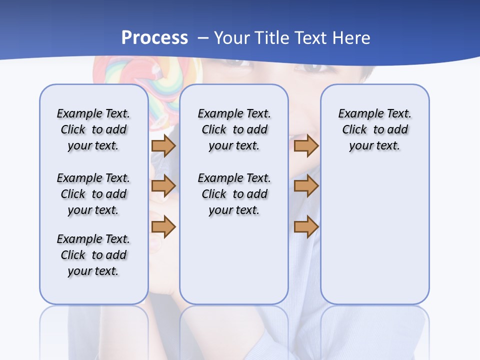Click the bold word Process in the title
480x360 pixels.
click(154, 37)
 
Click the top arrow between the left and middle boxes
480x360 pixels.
click(163, 145)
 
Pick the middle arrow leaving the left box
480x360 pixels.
click(163, 186)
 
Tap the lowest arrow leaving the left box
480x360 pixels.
click(163, 227)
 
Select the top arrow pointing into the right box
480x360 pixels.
click(306, 145)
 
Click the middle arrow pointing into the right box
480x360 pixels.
click(306, 186)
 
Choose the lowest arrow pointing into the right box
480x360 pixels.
click(306, 227)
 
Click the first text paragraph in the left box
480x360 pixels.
click(93, 129)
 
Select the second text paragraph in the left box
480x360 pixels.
click(93, 194)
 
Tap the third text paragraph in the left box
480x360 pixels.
click(93, 255)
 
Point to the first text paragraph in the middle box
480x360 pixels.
click(234, 129)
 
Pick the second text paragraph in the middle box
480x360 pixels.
click(234, 194)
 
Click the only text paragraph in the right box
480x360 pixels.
click(374, 129)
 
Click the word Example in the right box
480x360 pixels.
click(356, 113)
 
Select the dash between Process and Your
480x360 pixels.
click(203, 38)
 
